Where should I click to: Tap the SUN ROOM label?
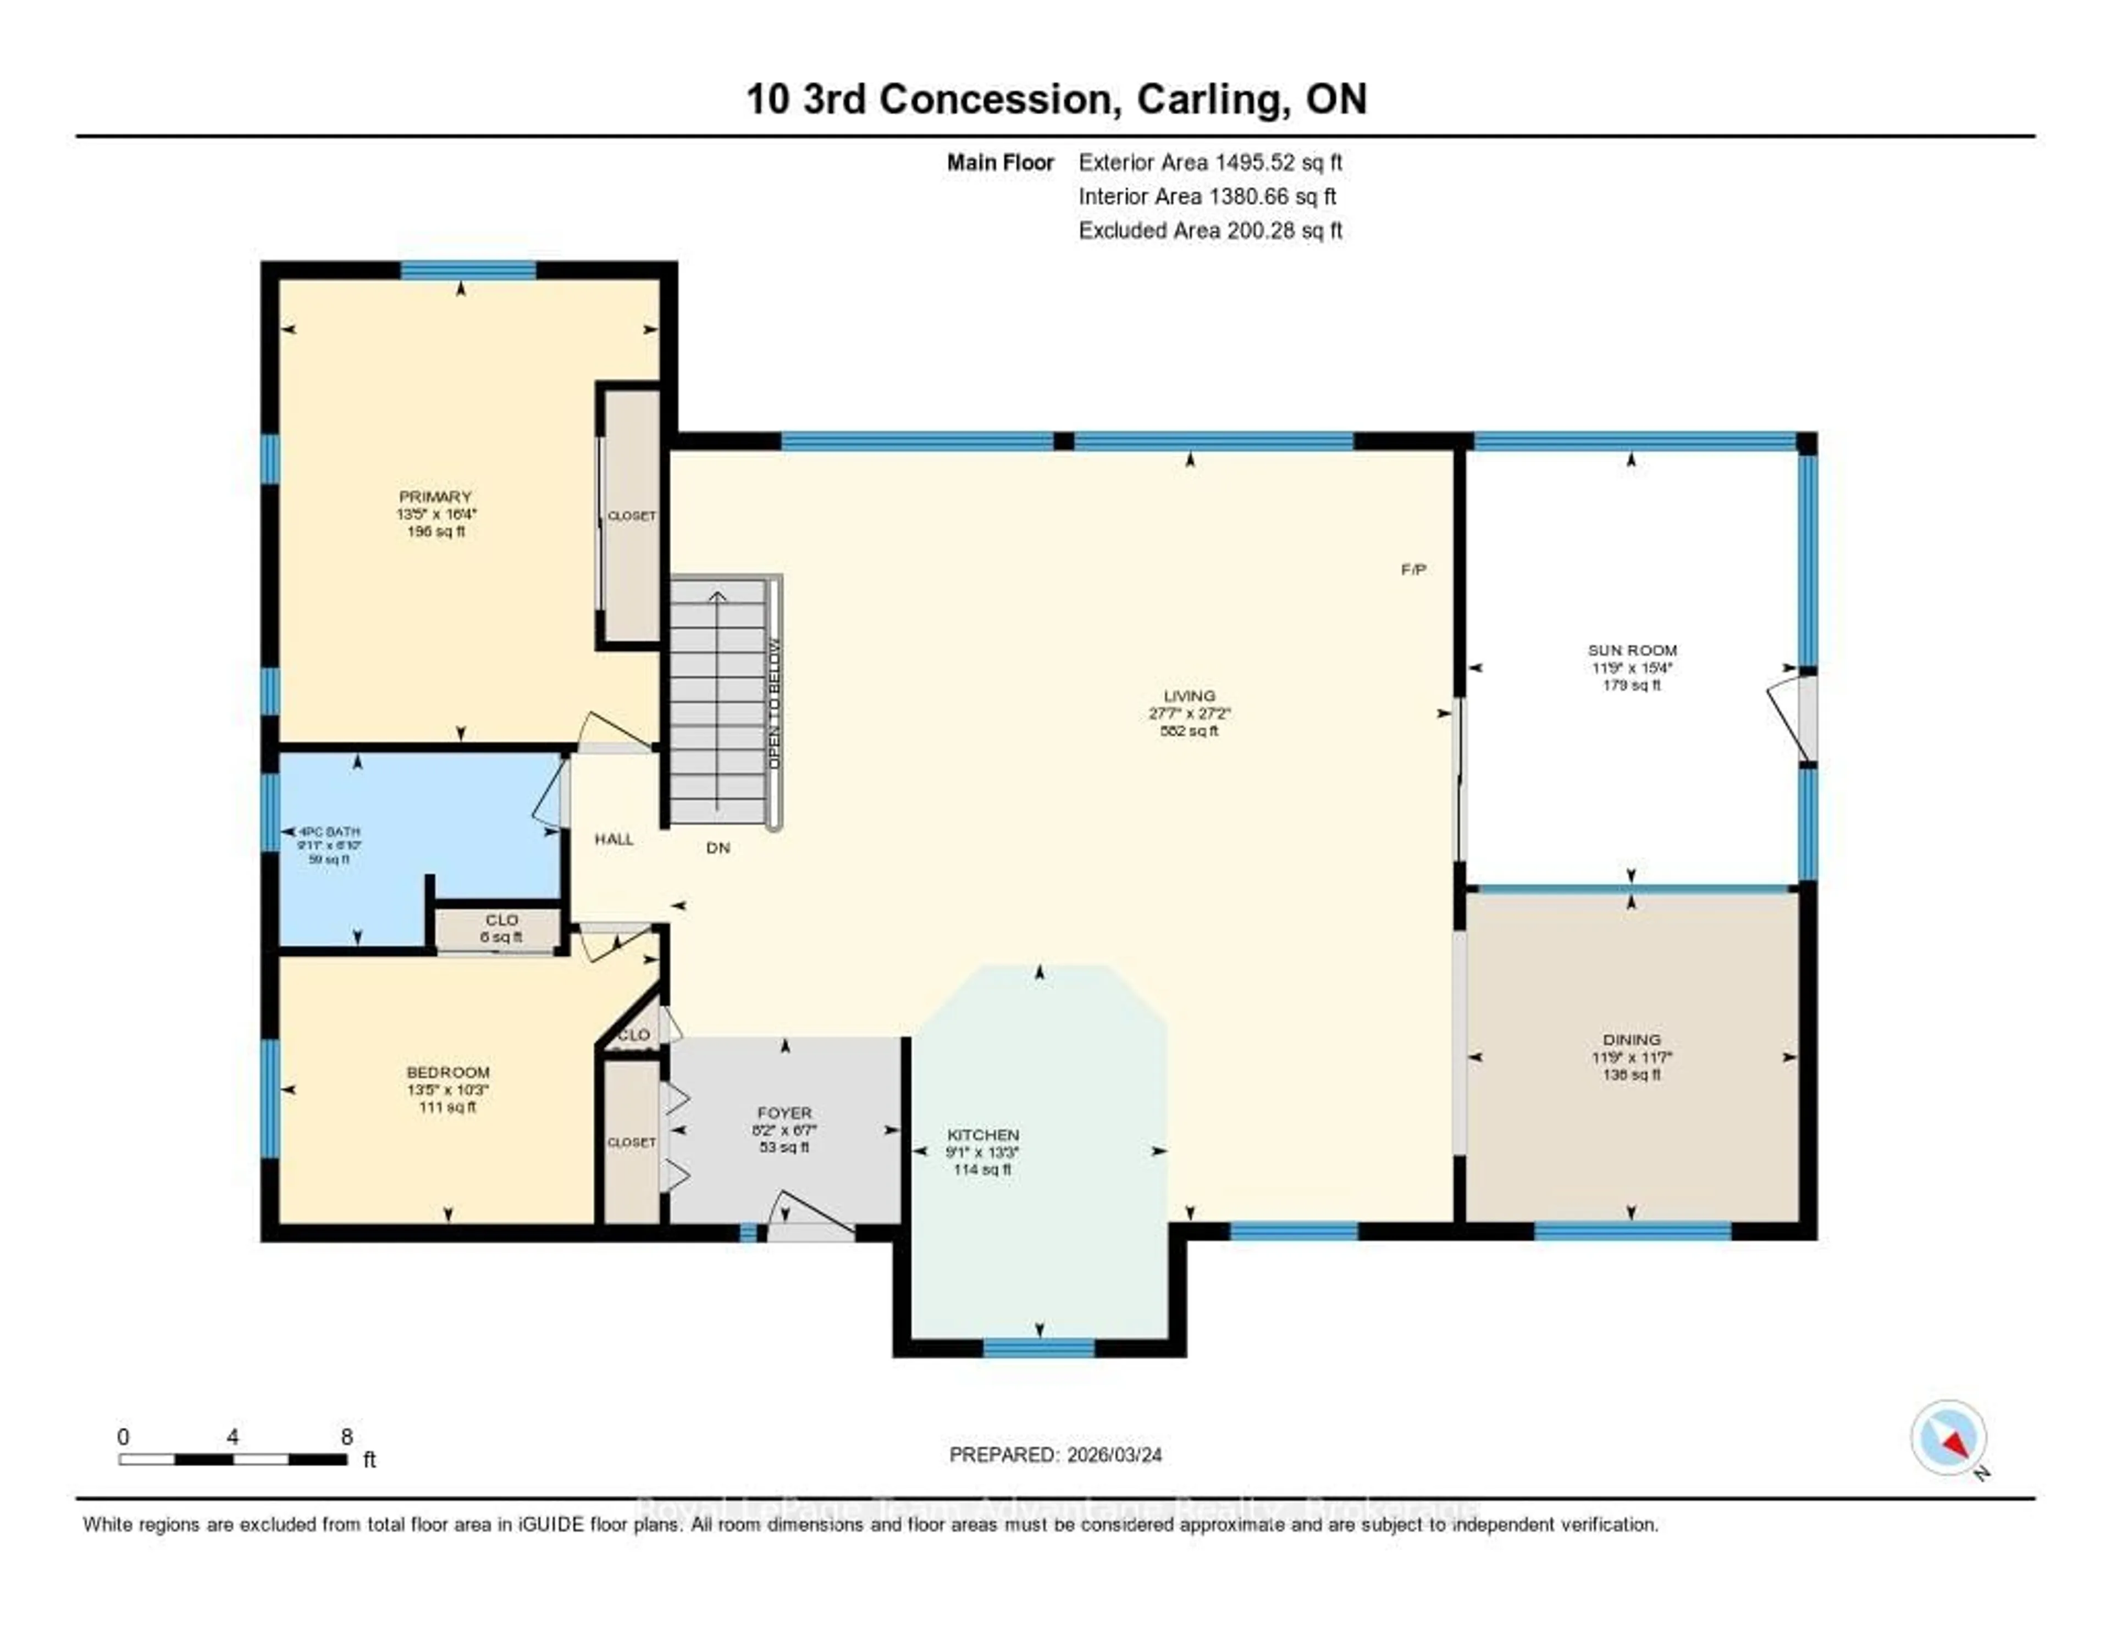pyautogui.click(x=1632, y=650)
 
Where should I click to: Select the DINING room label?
pyautogui.click(x=1632, y=1040)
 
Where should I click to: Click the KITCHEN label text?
pyautogui.click(x=982, y=1134)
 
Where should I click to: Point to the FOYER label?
pyautogui.click(x=784, y=1113)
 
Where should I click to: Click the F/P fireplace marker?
pyautogui.click(x=1413, y=570)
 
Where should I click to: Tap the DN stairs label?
pyautogui.click(x=717, y=847)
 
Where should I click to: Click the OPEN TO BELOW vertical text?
pyautogui.click(x=773, y=703)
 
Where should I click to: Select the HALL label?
pyautogui.click(x=614, y=839)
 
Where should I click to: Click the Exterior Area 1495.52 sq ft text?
pyautogui.click(x=1210, y=162)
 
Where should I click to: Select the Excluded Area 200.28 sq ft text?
pyautogui.click(x=1210, y=230)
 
